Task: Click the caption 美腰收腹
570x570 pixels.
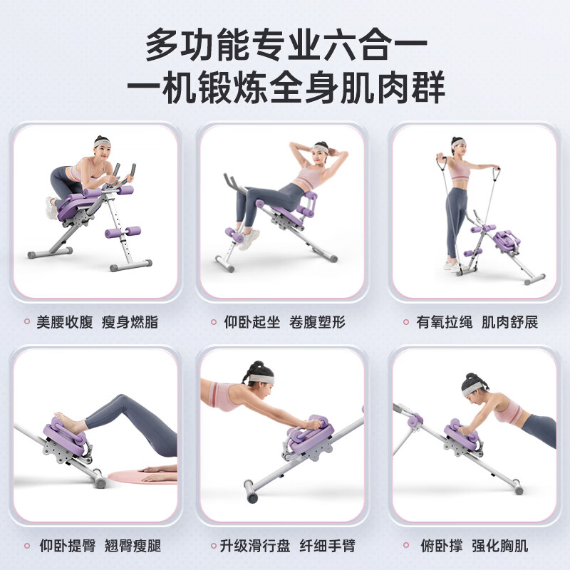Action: click(x=65, y=322)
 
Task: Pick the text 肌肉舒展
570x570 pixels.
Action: click(x=509, y=322)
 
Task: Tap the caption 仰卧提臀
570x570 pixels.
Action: click(x=65, y=546)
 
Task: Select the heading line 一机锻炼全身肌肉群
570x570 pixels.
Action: click(x=285, y=90)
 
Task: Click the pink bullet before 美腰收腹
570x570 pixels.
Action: click(x=26, y=322)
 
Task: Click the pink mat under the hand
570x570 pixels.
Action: click(x=135, y=475)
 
